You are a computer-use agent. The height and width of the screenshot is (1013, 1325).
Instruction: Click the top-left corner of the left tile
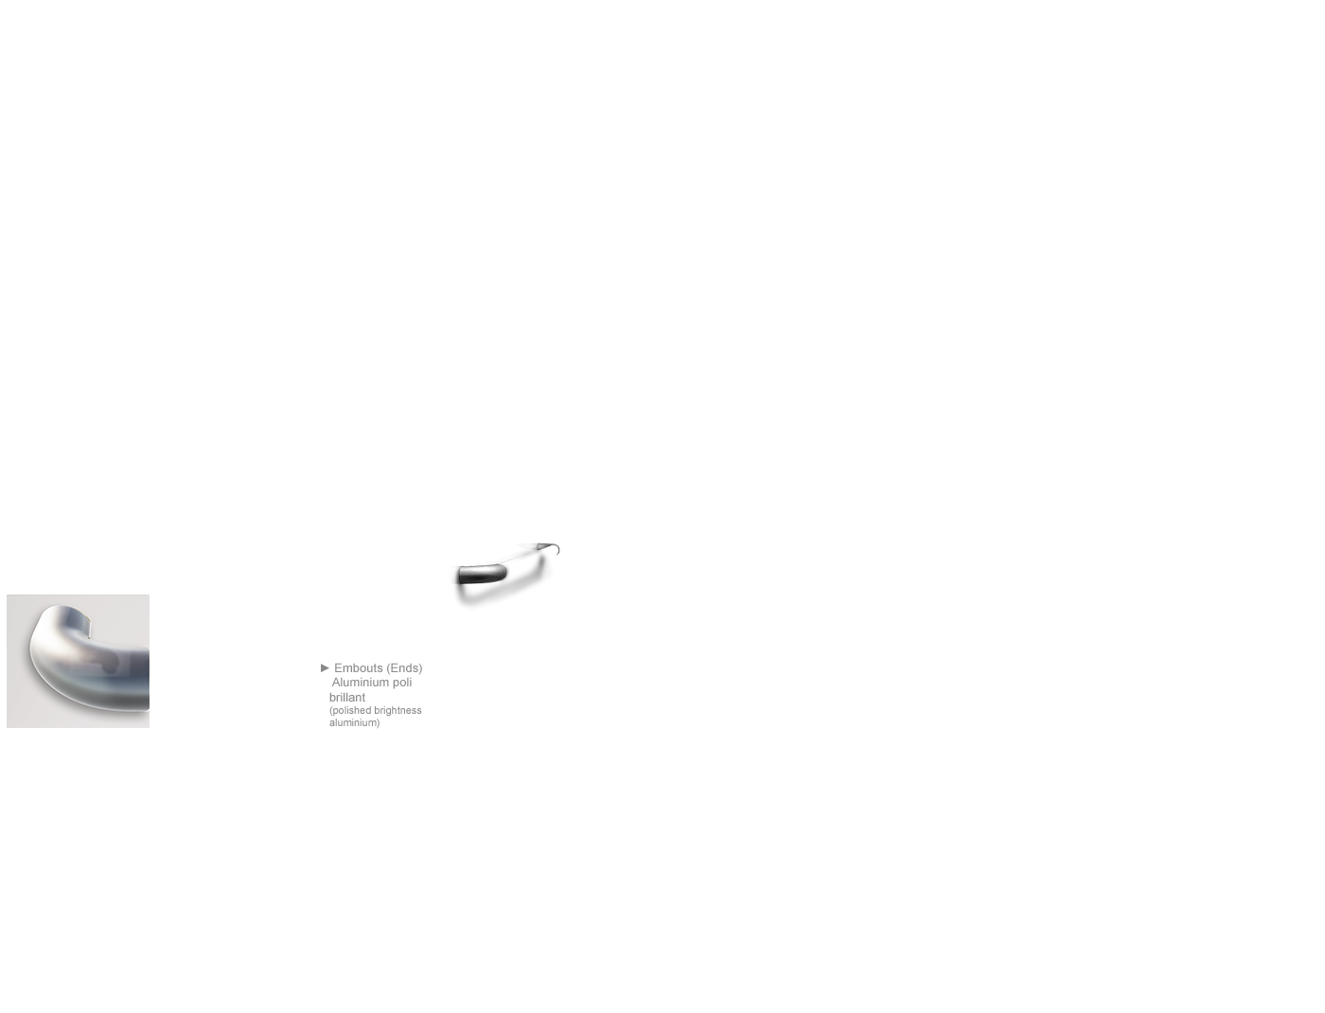pyautogui.click(x=8, y=595)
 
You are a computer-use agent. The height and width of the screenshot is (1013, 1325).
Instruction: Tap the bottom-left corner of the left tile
pyautogui.click(x=8, y=726)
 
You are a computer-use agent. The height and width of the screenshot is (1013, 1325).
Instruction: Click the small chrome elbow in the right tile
pyautogui.click(x=481, y=573)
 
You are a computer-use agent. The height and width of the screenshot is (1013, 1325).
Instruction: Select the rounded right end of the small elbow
pyautogui.click(x=503, y=573)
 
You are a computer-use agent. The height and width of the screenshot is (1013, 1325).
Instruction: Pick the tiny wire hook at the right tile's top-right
pyautogui.click(x=556, y=548)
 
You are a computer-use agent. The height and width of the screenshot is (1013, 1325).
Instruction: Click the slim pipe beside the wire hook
pyautogui.click(x=530, y=546)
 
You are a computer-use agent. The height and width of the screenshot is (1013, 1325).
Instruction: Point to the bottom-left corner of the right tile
pyautogui.click(x=323, y=727)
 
